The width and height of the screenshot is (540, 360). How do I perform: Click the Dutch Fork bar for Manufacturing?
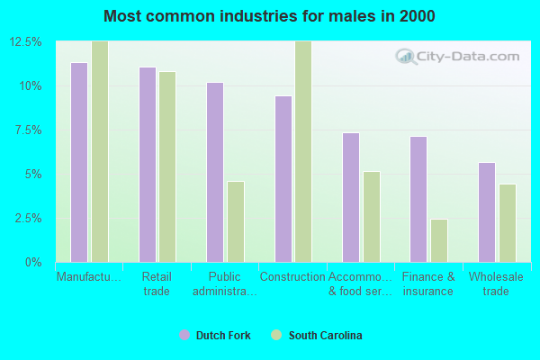(x=79, y=162)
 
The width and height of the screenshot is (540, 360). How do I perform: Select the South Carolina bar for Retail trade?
(x=167, y=166)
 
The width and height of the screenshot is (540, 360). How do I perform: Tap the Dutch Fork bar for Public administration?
(x=215, y=172)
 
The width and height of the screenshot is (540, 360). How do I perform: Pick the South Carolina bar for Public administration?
(x=236, y=221)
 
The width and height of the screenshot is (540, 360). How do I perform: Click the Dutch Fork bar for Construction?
(x=283, y=178)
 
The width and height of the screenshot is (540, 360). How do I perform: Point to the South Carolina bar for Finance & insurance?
(x=439, y=240)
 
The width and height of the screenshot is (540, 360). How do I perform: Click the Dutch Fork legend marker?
(x=184, y=335)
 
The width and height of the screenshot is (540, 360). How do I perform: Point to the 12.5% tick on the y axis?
(x=26, y=42)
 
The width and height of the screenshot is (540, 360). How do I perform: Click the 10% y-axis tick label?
(x=31, y=86)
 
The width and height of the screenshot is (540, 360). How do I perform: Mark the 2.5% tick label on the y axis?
(x=28, y=218)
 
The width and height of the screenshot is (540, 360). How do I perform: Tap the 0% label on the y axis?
(x=32, y=262)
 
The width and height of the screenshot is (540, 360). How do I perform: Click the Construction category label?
(x=292, y=277)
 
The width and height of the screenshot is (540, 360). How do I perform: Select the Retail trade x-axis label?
(x=157, y=283)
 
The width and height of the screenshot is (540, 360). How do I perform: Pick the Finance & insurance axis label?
(x=428, y=283)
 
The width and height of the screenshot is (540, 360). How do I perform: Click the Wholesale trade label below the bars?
(x=496, y=283)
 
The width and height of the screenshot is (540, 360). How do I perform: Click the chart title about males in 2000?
(x=269, y=16)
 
